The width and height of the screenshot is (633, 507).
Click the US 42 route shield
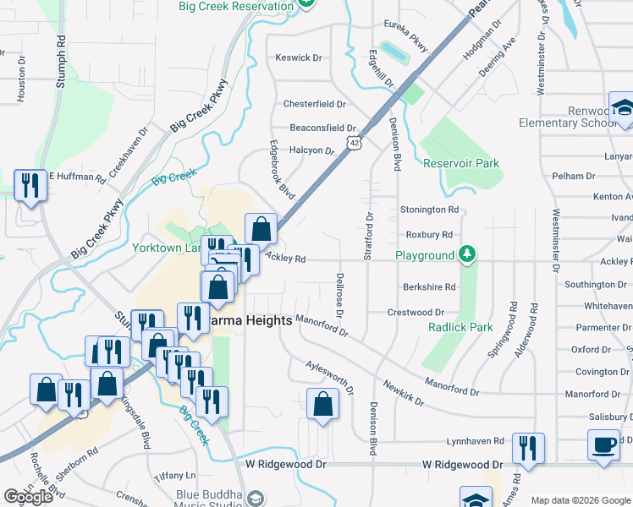(355, 144)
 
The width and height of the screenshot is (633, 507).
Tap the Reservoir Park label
(461, 163)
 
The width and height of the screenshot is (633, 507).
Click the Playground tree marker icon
(465, 254)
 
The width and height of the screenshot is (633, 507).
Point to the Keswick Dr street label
(299, 58)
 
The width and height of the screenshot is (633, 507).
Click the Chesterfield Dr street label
(314, 104)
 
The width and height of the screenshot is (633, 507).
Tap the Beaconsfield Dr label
(322, 128)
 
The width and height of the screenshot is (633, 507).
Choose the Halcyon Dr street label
(311, 150)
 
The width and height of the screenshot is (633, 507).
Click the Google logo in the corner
(28, 497)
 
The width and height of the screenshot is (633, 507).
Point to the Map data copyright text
(581, 500)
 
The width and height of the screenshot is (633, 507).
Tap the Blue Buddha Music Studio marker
(256, 498)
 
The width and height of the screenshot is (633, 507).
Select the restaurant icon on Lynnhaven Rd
(529, 449)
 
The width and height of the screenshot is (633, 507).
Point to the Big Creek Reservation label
(234, 6)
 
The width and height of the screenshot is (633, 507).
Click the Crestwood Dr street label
(417, 313)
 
